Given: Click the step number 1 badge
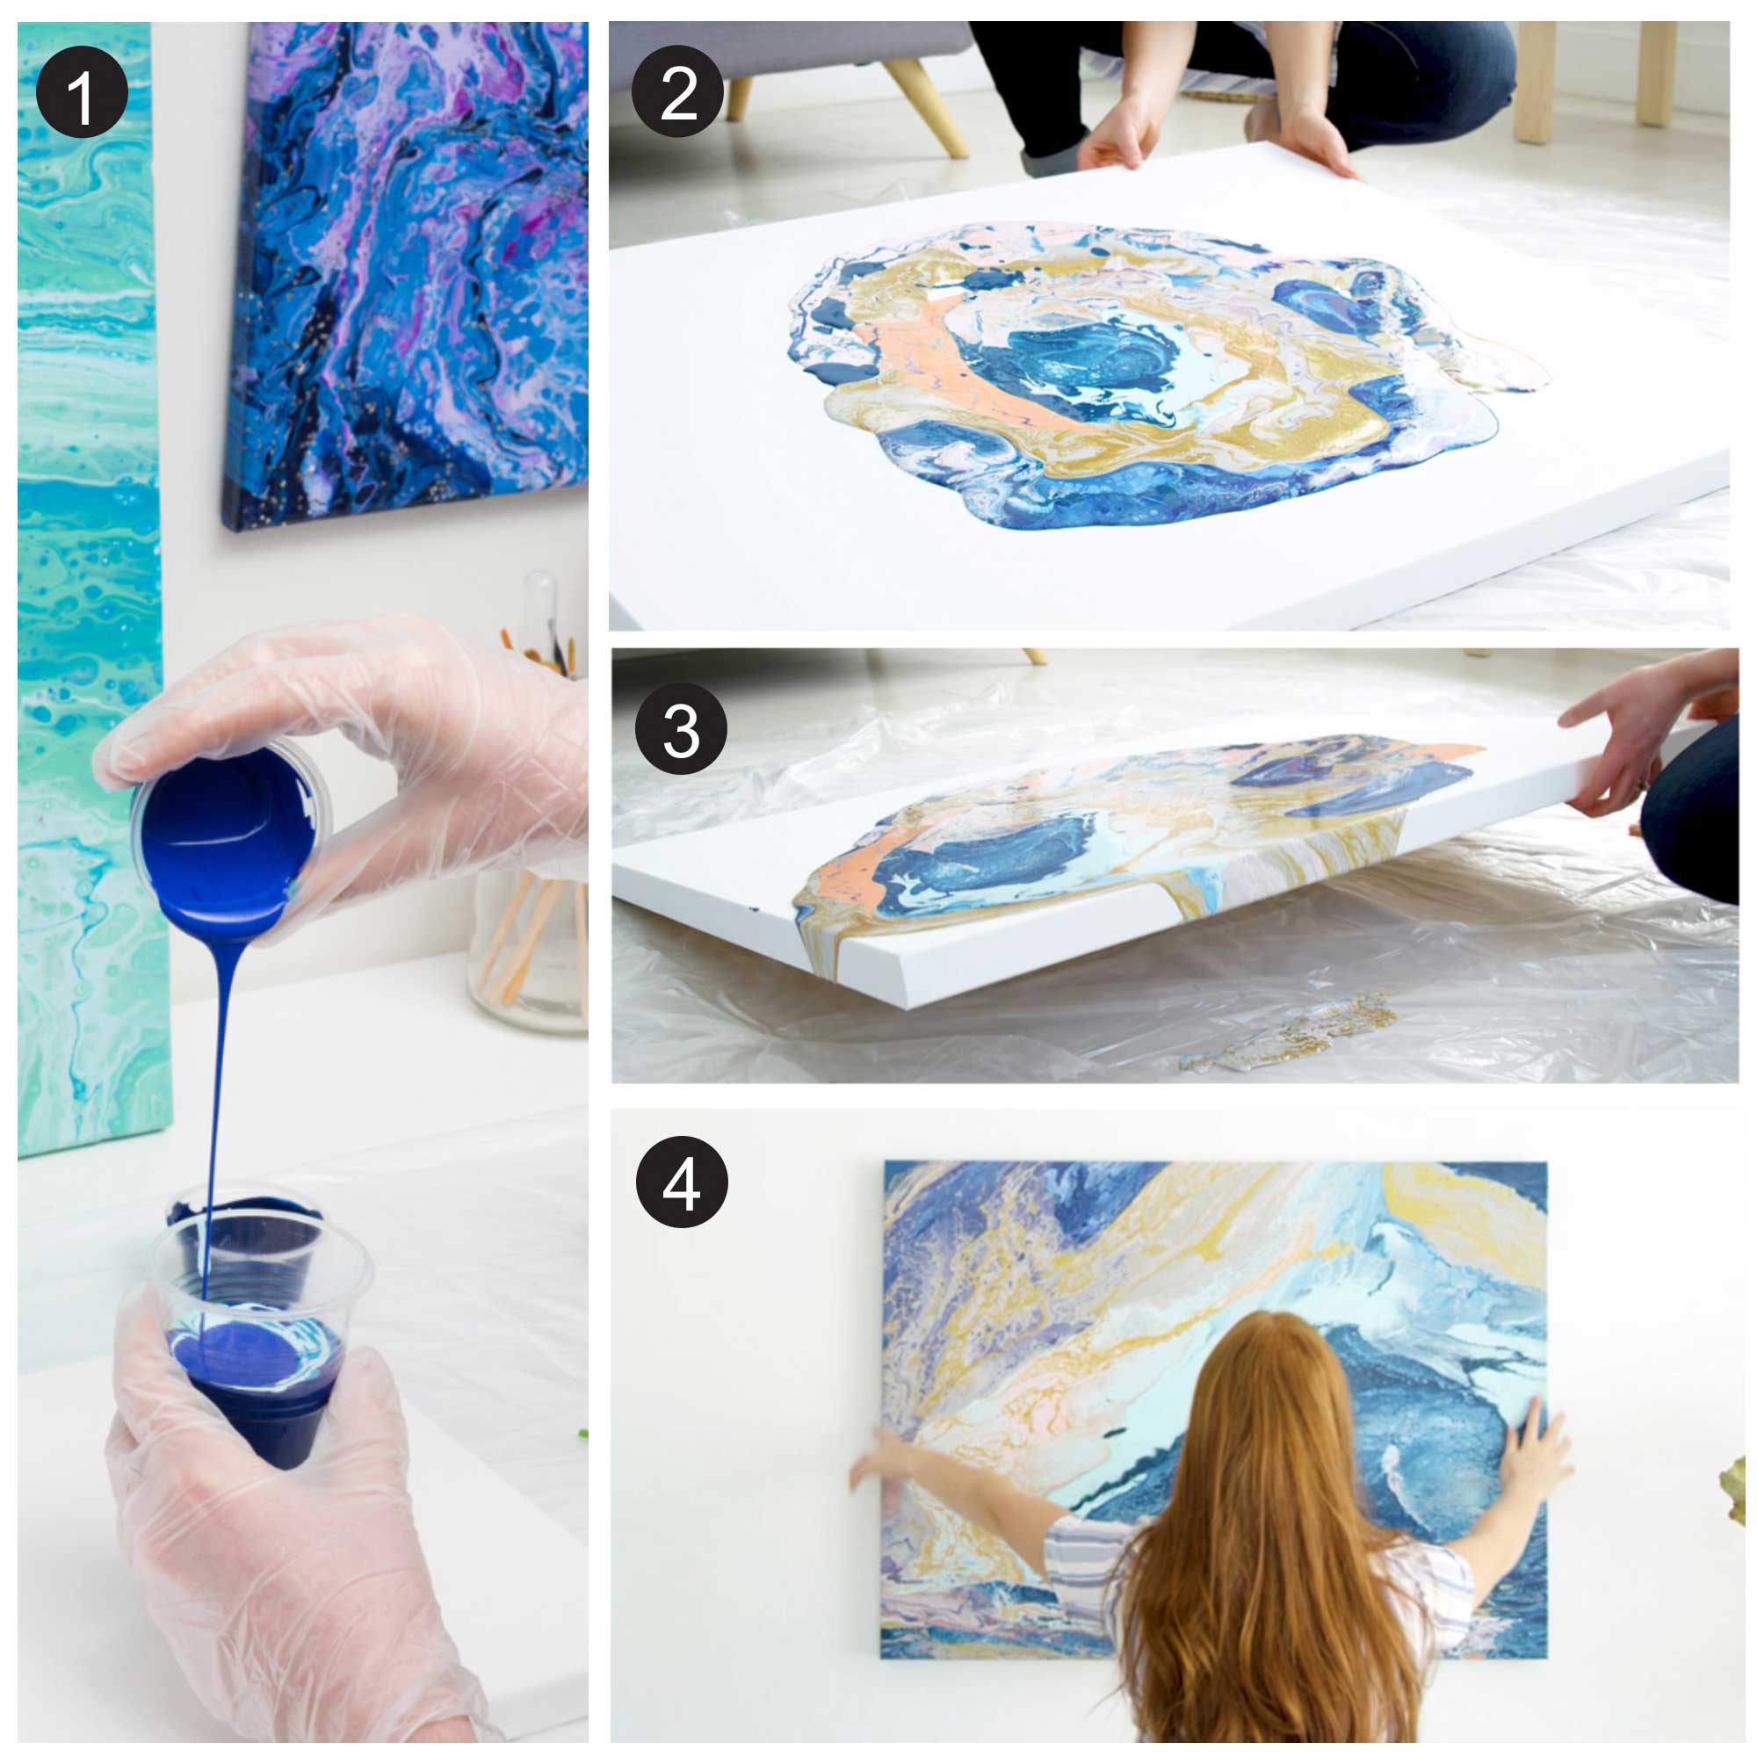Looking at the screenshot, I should [82, 92].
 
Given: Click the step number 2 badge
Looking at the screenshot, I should [677, 92].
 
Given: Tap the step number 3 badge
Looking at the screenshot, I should [681, 728].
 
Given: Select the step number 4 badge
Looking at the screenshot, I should [682, 1182].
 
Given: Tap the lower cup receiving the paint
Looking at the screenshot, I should [259, 1310].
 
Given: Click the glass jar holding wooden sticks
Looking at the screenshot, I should [527, 946].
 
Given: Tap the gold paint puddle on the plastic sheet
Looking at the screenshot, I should [1291, 1032].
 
